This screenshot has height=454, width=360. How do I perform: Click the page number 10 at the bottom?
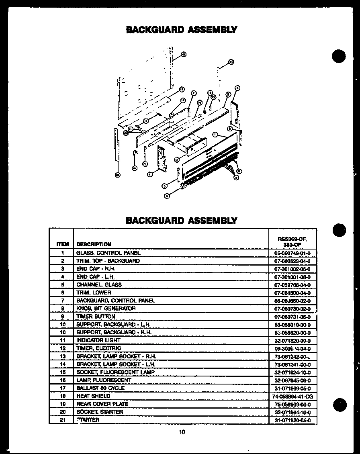[x=182, y=432]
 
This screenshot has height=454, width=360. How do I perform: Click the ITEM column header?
[x=62, y=244]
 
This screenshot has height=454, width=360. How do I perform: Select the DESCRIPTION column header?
[x=94, y=244]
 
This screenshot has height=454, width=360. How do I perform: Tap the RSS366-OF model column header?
[x=292, y=241]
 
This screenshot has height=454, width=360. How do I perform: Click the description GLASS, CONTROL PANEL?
[x=108, y=253]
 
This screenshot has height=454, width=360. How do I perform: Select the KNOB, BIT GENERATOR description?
[x=106, y=309]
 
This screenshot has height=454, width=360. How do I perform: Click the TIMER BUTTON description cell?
[x=95, y=317]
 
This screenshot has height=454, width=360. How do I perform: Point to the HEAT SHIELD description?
[x=93, y=396]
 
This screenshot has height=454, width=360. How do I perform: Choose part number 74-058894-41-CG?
[x=292, y=396]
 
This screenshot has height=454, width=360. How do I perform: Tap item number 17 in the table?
[x=62, y=388]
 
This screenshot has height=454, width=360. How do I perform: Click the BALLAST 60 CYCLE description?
[x=100, y=388]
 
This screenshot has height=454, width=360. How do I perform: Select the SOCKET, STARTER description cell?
[x=100, y=412]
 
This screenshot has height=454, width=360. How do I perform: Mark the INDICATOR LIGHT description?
[x=98, y=340]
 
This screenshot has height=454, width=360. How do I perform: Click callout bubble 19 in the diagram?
[x=183, y=54]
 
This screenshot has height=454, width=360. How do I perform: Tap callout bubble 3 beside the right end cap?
[x=237, y=88]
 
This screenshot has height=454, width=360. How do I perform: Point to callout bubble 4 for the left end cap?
[x=149, y=174]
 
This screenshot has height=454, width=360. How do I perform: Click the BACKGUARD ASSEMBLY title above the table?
[x=182, y=220]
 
